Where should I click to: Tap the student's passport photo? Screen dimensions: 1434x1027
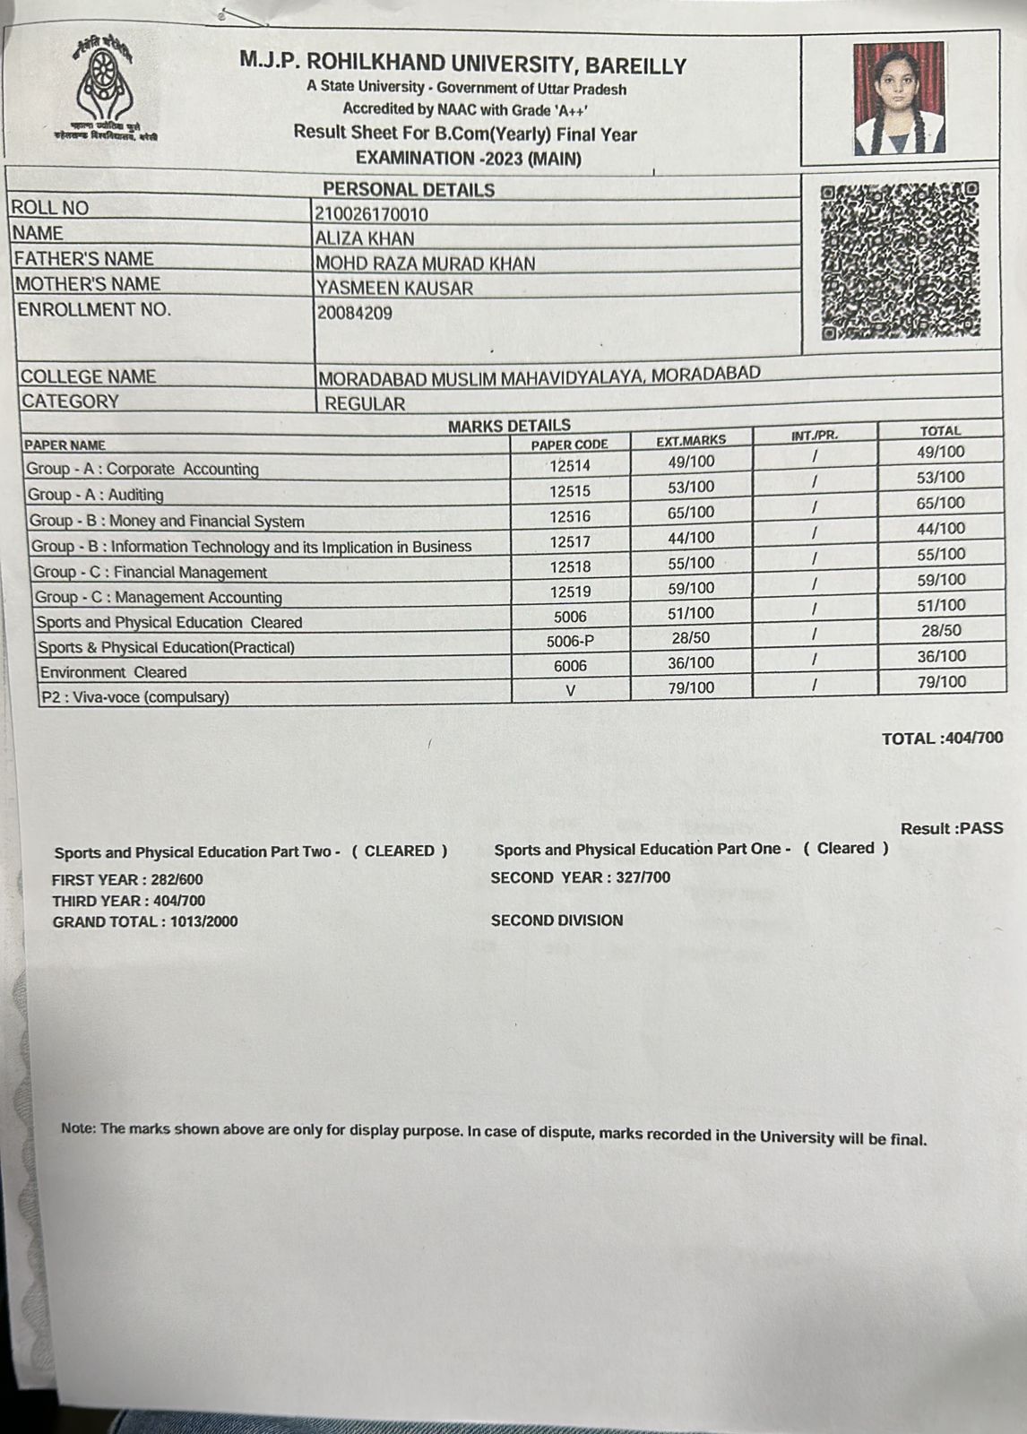899,99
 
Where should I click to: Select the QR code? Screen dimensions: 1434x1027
899,261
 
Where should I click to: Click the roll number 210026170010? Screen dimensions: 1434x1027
371,214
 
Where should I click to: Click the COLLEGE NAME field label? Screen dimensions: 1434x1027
88,376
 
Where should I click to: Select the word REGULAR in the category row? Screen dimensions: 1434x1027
365,404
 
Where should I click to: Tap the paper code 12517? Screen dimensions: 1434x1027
570,541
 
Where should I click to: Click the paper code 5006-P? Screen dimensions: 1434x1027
570,641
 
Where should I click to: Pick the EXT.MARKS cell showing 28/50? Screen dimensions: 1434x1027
691,638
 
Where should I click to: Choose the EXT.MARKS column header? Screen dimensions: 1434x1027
691,441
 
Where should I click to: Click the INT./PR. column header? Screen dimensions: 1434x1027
815,436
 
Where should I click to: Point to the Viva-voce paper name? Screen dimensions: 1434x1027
134,697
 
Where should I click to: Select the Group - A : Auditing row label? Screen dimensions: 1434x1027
96,495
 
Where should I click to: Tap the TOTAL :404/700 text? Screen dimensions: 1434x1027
942,739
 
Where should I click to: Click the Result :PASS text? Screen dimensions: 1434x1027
952,828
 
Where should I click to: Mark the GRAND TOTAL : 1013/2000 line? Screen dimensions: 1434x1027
145,921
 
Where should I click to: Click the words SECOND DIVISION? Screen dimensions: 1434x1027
557,920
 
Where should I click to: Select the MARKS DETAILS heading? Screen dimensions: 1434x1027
509,426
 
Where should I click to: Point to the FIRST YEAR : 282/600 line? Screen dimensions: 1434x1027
127,880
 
